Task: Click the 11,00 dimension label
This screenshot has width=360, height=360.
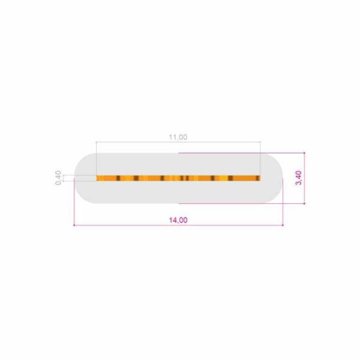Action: pyautogui.click(x=178, y=137)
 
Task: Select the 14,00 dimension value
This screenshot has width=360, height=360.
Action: pyautogui.click(x=178, y=220)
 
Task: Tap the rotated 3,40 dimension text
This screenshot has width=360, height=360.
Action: pyautogui.click(x=299, y=178)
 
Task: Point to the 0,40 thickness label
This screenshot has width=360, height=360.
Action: pyautogui.click(x=58, y=178)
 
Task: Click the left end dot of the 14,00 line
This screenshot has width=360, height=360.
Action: pyautogui.click(x=74, y=225)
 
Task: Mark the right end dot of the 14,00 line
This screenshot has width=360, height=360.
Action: pyautogui.click(x=283, y=225)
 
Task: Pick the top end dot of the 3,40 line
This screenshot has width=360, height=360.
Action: pyautogui.click(x=304, y=152)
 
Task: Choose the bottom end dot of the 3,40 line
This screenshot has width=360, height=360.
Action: pyautogui.click(x=304, y=203)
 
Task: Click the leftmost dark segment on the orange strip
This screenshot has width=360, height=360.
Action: pyautogui.click(x=118, y=178)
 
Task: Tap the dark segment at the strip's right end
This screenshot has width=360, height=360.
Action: pyautogui.click(x=258, y=178)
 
